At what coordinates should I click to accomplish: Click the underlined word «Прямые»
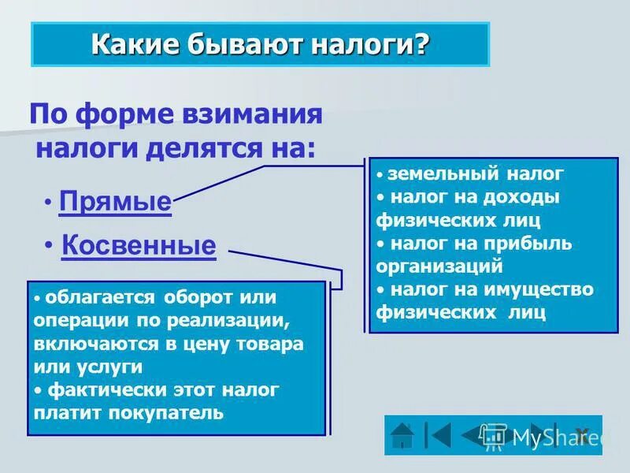pyautogui.click(x=115, y=202)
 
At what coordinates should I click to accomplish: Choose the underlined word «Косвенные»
pyautogui.click(x=138, y=245)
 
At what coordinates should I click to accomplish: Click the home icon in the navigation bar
pyautogui.click(x=403, y=435)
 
